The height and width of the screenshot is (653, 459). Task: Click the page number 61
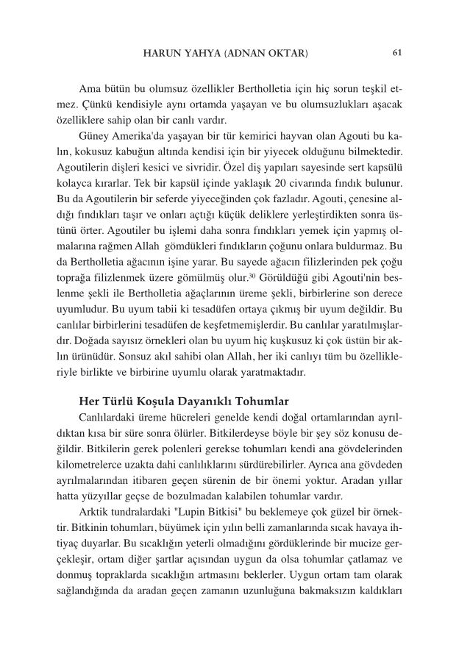click(398, 53)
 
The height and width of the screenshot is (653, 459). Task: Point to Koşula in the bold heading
click(150, 401)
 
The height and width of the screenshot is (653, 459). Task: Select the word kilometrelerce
click(92, 464)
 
